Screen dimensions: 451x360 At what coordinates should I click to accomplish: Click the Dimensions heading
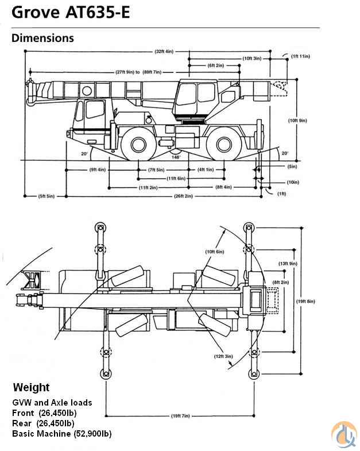[42, 38]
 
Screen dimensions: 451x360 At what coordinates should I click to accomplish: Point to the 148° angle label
[176, 156]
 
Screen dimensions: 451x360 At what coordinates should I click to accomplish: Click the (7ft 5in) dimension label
[156, 169]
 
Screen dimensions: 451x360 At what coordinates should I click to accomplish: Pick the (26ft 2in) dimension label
[183, 196]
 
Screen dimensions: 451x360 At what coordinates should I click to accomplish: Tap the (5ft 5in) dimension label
[47, 196]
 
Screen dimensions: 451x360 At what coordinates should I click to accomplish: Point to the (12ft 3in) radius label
[224, 356]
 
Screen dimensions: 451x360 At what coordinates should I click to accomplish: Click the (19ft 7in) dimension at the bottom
[180, 415]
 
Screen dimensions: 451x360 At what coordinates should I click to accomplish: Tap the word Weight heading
[31, 388]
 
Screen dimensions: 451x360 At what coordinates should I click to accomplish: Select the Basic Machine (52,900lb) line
[62, 434]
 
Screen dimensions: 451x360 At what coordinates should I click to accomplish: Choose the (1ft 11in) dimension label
[300, 56]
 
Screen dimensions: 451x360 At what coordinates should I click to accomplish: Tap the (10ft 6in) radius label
[214, 252]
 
